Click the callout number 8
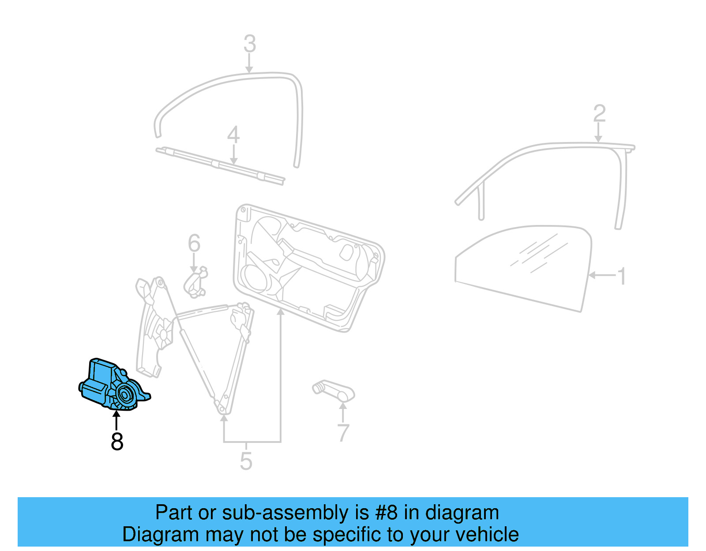117,441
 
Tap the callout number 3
250,44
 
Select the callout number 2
599,113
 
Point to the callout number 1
622,277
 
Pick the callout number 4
233,135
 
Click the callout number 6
194,244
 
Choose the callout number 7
343,433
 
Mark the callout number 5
246,461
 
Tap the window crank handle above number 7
334,390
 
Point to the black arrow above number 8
116,420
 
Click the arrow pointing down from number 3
249,64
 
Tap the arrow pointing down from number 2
598,133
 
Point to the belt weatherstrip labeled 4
221,165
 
